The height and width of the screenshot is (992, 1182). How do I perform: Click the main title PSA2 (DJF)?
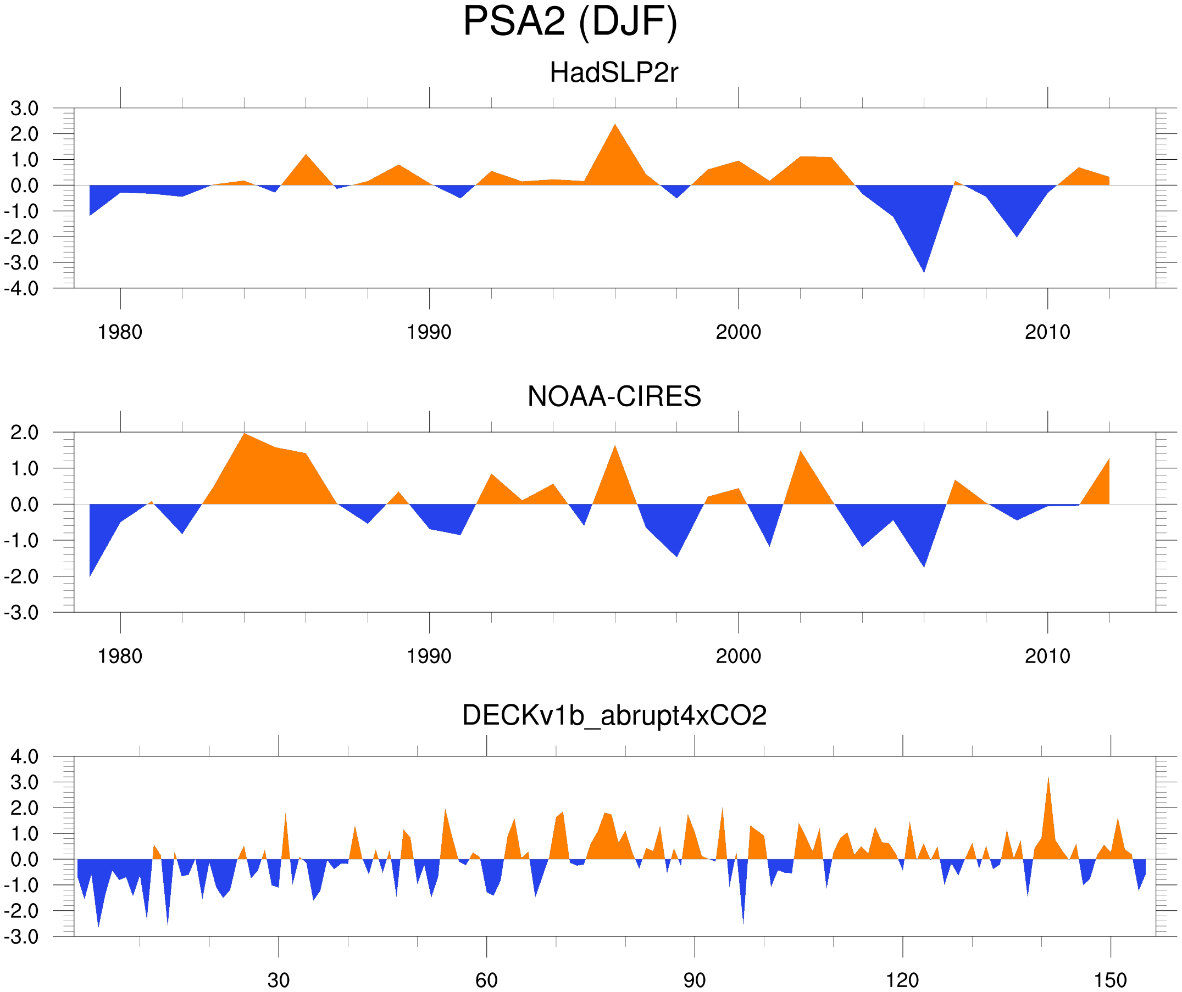(x=570, y=21)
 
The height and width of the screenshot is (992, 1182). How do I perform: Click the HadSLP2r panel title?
(x=613, y=72)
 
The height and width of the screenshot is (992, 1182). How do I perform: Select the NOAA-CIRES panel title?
(x=613, y=396)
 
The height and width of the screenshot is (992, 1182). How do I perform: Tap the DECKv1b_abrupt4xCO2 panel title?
(x=613, y=715)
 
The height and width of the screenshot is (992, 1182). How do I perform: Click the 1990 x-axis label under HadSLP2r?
(x=429, y=332)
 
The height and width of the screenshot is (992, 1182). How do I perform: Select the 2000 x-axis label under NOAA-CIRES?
(x=738, y=656)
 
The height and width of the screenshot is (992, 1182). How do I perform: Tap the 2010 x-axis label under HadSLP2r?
(x=1047, y=332)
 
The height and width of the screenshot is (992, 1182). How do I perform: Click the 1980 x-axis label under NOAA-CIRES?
(x=120, y=656)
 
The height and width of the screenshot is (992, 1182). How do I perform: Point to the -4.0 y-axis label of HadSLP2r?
(x=21, y=289)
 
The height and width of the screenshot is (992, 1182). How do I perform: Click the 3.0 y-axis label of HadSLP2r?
(x=24, y=109)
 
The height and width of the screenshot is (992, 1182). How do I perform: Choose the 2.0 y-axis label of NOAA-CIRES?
(x=24, y=433)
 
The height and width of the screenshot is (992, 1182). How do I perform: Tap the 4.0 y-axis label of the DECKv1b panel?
(x=24, y=756)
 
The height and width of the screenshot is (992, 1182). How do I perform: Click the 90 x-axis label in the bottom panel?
(x=694, y=980)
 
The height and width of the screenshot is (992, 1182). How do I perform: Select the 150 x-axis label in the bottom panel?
(x=1110, y=980)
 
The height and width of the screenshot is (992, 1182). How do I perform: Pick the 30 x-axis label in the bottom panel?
(x=278, y=980)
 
